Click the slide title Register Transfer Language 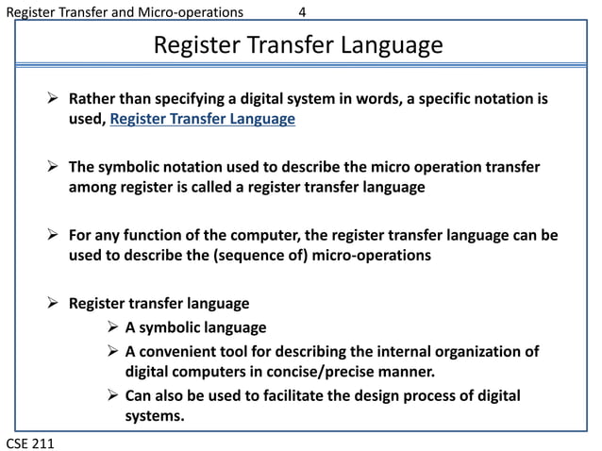click(x=297, y=45)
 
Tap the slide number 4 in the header click(x=302, y=12)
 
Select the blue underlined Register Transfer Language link click(x=203, y=119)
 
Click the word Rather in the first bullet click(x=92, y=98)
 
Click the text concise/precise click(x=326, y=372)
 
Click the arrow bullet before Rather click(x=54, y=98)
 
